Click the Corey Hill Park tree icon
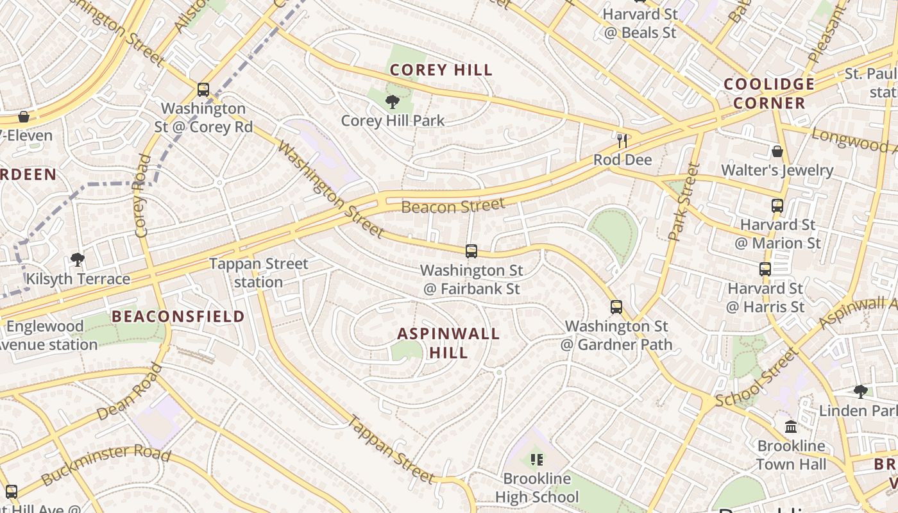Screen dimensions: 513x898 393,101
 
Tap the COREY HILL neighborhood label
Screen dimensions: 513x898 441,70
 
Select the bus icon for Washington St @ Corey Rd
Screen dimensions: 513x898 203,90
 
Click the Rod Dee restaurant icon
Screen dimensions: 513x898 622,140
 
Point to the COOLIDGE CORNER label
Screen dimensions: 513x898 769,94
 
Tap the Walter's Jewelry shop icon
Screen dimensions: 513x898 777,151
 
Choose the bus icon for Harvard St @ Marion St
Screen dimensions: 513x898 777,206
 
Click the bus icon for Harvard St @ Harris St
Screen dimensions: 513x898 765,269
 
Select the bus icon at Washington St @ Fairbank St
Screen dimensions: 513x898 471,251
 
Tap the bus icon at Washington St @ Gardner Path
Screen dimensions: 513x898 616,307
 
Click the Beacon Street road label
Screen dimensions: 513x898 453,206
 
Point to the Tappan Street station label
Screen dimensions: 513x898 258,273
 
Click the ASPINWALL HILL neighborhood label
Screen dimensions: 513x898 448,343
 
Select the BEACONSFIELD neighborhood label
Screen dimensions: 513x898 178,316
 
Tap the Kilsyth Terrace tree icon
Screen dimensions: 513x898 78,260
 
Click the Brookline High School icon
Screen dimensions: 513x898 537,459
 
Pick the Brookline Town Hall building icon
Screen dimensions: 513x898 791,426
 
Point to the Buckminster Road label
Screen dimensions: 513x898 106,466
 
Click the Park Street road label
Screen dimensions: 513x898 684,202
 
